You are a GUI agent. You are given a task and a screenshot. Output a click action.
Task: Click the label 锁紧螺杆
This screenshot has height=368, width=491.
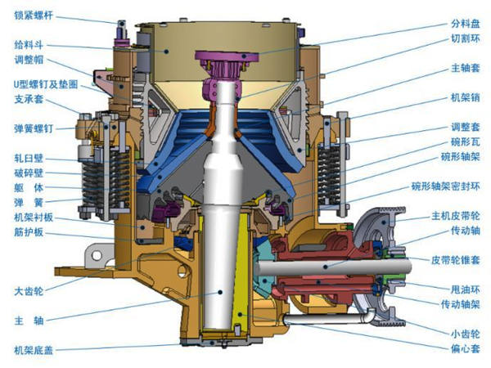point(34,16)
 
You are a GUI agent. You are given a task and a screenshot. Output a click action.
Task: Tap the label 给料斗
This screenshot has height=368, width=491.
point(29,45)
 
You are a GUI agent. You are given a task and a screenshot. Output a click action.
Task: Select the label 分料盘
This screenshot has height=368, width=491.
point(466,24)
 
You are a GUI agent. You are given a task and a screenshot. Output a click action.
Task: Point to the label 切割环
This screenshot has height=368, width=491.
point(466,38)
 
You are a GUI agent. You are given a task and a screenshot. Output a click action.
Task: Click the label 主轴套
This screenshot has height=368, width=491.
point(466,68)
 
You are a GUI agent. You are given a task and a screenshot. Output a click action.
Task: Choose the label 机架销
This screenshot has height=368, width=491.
point(466,97)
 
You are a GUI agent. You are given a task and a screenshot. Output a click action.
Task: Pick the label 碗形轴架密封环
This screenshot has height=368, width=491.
point(446,186)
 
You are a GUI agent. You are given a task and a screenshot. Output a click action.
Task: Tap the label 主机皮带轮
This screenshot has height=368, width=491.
point(456,216)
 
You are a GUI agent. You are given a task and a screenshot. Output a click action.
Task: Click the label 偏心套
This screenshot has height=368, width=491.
point(466,348)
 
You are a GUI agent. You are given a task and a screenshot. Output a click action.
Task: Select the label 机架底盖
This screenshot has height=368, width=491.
point(34,350)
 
